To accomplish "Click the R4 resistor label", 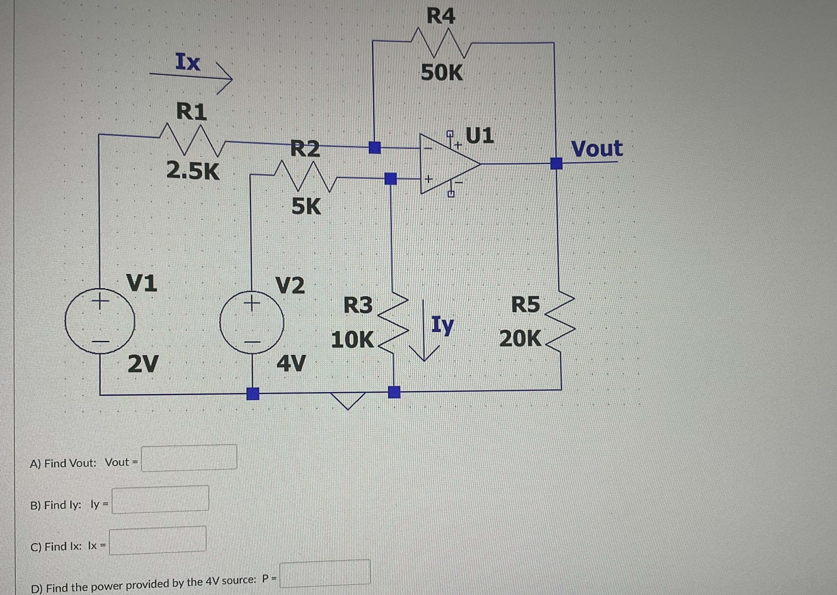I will (441, 17).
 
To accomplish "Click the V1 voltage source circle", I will (100, 321).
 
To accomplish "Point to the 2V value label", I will (143, 364).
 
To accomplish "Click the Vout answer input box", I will (189, 458).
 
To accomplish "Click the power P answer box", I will (325, 572).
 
